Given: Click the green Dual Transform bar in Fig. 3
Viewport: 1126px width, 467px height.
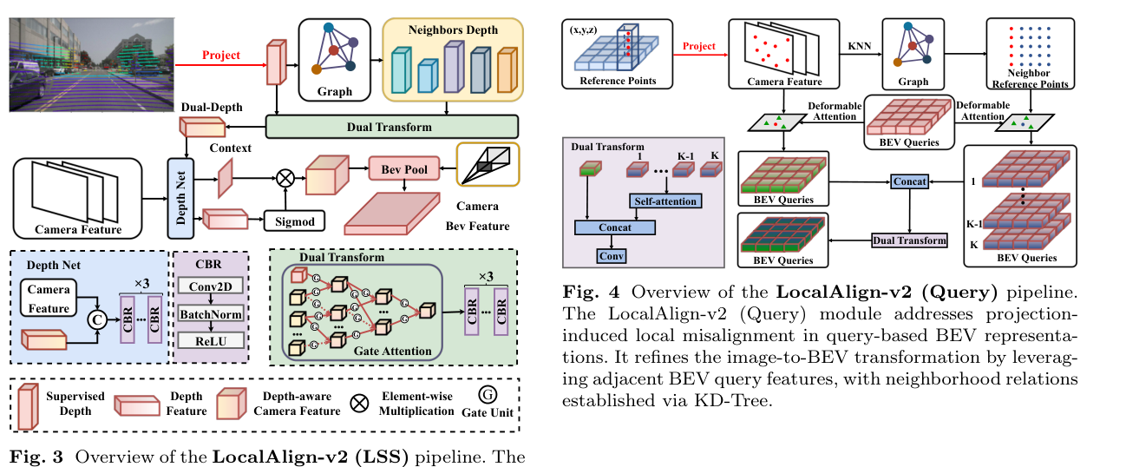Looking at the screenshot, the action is (x=391, y=127).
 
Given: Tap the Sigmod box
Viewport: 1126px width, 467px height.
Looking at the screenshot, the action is (x=295, y=221).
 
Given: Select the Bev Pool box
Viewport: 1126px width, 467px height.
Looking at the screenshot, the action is (x=404, y=169).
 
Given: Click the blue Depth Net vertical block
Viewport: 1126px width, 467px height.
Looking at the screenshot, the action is (x=180, y=198).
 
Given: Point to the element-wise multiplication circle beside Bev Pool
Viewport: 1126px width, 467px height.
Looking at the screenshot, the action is (x=285, y=178).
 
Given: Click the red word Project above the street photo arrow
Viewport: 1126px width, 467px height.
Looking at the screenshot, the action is (x=220, y=55).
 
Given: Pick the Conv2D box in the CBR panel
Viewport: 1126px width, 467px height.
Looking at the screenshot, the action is (x=211, y=286).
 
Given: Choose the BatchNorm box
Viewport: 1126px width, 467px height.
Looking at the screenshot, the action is (x=211, y=314).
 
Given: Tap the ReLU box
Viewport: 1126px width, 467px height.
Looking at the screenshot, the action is (x=211, y=341).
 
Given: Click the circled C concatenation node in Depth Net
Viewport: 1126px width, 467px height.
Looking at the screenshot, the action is (x=97, y=319).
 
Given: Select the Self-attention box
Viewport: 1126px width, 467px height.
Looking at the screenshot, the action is (x=665, y=201).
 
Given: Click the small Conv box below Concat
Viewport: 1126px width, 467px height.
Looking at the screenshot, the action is (x=612, y=256).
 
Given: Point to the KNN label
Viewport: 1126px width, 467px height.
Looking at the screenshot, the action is (x=859, y=46).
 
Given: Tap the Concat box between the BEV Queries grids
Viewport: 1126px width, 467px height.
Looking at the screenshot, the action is (x=909, y=181).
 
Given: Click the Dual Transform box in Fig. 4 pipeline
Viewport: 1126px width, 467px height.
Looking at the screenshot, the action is (x=909, y=240).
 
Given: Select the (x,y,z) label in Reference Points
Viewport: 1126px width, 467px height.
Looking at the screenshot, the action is (x=583, y=30).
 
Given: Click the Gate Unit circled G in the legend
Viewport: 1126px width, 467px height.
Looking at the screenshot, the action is (x=488, y=395).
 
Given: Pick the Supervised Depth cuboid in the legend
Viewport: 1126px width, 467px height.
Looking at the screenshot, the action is (x=28, y=406).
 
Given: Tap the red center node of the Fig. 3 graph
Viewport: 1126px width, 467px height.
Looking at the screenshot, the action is (x=334, y=49).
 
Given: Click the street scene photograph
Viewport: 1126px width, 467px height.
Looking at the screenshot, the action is (x=91, y=64).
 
